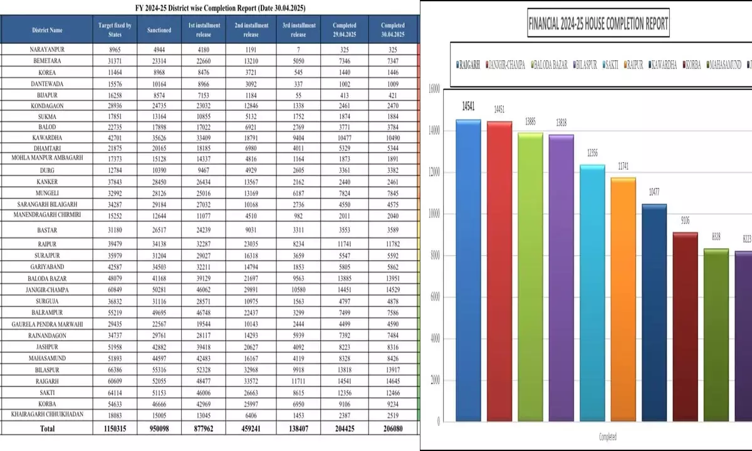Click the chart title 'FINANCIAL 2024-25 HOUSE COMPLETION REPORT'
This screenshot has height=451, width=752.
pos(598,24)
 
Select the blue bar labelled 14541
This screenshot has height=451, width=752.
pos(468,269)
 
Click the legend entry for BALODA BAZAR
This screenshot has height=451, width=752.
pos(551,65)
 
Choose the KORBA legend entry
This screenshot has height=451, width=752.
pos(692,65)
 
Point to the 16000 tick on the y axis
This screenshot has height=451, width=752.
pos(432,89)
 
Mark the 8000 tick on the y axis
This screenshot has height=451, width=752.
pos(433,255)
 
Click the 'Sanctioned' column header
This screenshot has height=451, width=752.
pos(159,29)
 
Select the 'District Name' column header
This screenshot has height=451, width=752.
pos(48,29)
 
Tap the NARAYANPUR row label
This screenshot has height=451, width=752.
pos(48,49)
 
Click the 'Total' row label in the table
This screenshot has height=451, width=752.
pos(48,428)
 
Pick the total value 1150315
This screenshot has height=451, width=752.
pos(115,428)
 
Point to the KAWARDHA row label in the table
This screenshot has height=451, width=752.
pos(48,138)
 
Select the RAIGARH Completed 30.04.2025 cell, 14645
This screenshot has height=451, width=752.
pos(393,380)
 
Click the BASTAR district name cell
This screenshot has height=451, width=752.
pos(48,230)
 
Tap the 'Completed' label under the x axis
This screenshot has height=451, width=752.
pos(607,437)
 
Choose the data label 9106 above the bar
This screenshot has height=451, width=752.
pos(684,220)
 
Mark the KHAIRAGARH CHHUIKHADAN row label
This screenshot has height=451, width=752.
pos(48,414)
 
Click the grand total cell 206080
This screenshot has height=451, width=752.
pos(393,428)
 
